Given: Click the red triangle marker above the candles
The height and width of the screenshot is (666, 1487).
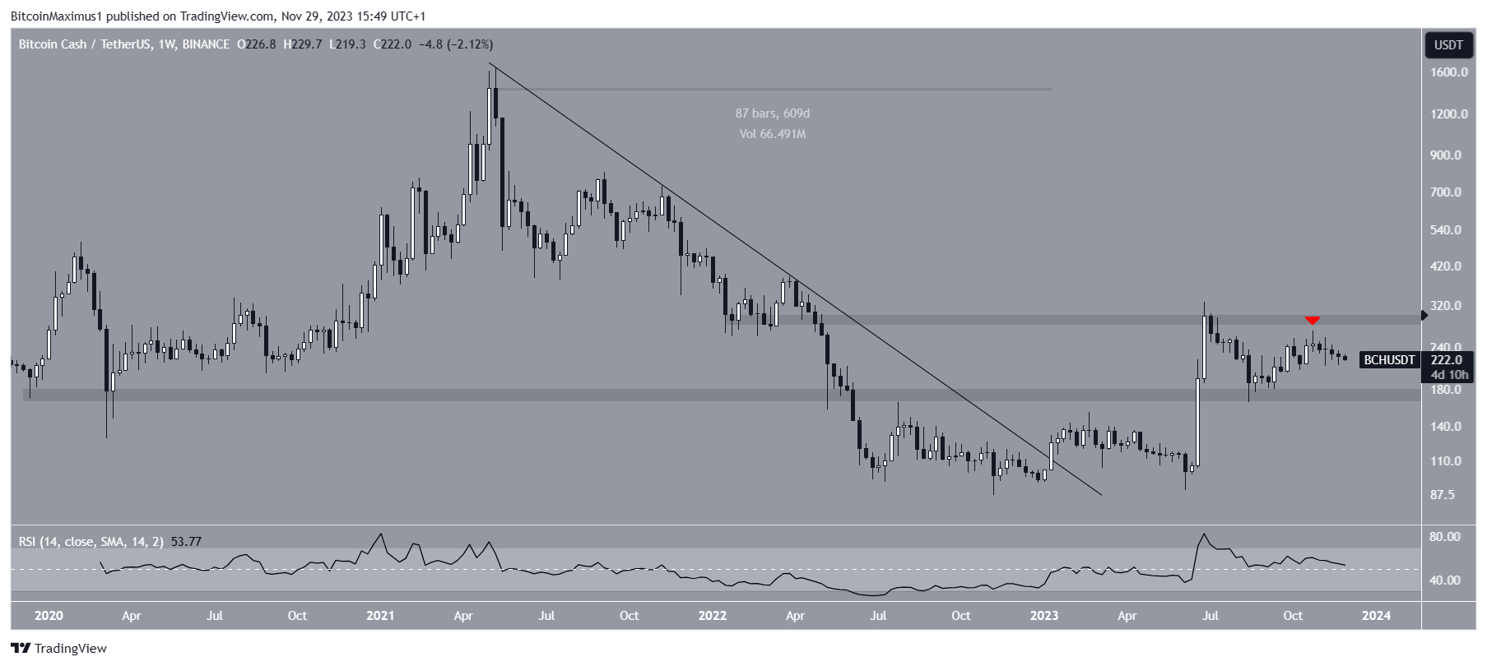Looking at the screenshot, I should coord(1313,320).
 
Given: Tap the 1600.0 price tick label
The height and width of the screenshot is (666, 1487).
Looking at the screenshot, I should coord(1448,72).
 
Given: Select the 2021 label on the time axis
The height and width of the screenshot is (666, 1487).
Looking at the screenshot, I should coord(380,615).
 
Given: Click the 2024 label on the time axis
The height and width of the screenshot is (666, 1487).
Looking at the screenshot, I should coord(1377,615).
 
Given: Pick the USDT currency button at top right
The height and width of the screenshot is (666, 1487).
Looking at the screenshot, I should coord(1448,44).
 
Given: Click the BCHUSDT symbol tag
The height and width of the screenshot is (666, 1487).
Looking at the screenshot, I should coord(1389,360).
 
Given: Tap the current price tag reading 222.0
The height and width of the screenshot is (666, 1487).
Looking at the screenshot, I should coord(1448,360).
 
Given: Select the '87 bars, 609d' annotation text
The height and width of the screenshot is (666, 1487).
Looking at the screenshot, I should coord(773,113).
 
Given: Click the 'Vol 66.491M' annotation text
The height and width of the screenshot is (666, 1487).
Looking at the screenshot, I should coord(773,133).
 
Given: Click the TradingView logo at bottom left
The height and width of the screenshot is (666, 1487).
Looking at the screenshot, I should coord(59,649).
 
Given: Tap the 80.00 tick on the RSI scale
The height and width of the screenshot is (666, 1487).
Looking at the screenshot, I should coord(1445,537).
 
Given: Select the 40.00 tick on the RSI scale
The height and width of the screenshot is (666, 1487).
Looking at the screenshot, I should coord(1445,580).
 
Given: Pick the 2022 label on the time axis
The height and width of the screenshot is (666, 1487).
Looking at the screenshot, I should coord(712,615).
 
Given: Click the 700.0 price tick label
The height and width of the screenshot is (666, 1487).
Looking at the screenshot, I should coord(1446,192).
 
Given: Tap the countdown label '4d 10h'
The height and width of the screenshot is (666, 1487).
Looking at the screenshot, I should coord(1449,375).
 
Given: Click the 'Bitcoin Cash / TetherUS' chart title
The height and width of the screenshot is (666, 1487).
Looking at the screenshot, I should coord(85,44).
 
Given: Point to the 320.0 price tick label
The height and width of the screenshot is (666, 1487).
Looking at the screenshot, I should coord(1446,306).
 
